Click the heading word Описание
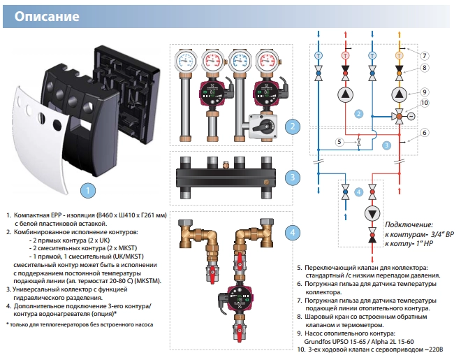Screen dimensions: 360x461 point(47,15)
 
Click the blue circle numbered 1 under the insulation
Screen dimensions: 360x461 point(87,189)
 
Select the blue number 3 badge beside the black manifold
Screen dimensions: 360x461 point(294,178)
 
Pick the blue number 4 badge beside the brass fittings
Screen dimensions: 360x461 point(294,233)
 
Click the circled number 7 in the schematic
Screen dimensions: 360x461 point(424,55)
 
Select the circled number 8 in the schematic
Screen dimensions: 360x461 point(424,68)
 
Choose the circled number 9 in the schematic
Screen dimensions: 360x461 point(424,92)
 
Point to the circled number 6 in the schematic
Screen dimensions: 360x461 point(424,132)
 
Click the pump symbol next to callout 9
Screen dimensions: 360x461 point(399,94)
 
